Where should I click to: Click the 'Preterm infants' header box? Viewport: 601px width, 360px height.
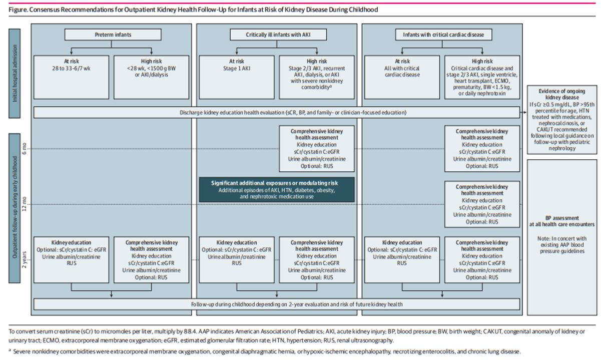pyautogui.click(x=113, y=35)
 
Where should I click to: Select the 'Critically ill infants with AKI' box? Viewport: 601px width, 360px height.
pyautogui.click(x=278, y=35)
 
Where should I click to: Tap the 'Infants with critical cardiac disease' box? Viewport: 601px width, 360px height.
pyautogui.click(x=443, y=35)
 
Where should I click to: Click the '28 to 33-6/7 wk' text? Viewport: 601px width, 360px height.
pyautogui.click(x=71, y=68)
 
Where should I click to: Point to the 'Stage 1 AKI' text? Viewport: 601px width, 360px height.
pyautogui.click(x=237, y=68)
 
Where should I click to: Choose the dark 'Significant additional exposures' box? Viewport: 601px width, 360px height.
pyautogui.click(x=277, y=190)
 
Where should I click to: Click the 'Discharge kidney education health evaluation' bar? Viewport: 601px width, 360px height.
pyautogui.click(x=277, y=113)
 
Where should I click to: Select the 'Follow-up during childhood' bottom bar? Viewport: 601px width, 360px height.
pyautogui.click(x=277, y=304)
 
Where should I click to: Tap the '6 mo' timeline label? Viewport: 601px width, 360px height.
pyautogui.click(x=24, y=149)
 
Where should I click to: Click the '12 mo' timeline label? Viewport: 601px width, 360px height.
pyautogui.click(x=24, y=205)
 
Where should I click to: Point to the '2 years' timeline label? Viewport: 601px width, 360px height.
pyautogui.click(x=24, y=260)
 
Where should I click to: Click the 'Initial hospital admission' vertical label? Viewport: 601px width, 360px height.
pyautogui.click(x=15, y=73)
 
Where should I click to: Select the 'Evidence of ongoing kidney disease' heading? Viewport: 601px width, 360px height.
pyautogui.click(x=562, y=94)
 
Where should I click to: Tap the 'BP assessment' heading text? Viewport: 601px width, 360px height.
pyautogui.click(x=562, y=218)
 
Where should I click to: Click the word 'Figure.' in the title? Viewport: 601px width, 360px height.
pyautogui.click(x=18, y=10)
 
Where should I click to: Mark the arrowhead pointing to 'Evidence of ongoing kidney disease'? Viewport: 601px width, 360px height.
pyautogui.click(x=525, y=113)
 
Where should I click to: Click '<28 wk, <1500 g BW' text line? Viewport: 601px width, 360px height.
pyautogui.click(x=151, y=68)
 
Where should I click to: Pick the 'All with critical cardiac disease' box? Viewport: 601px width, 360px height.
pyautogui.click(x=402, y=77)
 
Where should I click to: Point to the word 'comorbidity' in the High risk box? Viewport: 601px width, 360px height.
pyautogui.click(x=315, y=87)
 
